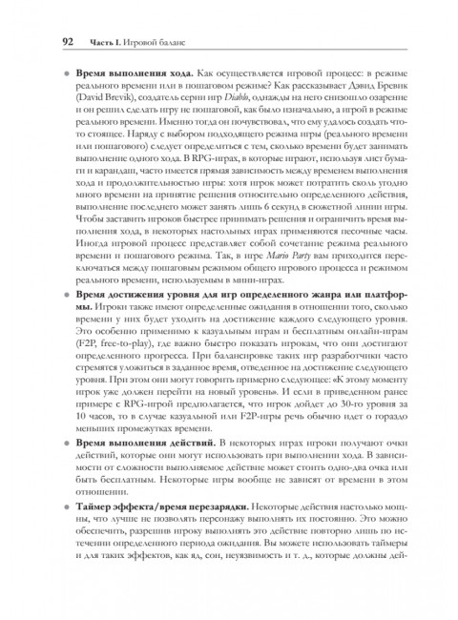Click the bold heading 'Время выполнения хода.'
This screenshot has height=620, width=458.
pyautogui.click(x=133, y=73)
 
